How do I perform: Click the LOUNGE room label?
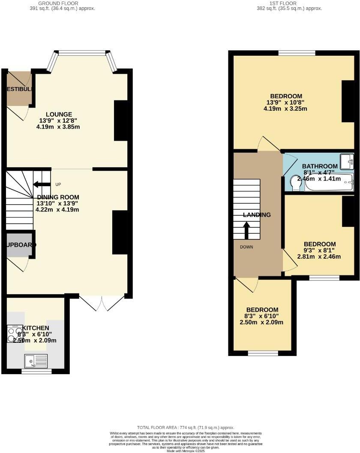click(58, 114)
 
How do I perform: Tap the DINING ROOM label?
click(58, 197)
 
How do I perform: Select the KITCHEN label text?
click(39, 328)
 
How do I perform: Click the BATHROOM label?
click(320, 166)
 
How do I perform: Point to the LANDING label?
click(257, 214)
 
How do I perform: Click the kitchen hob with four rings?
click(15, 333)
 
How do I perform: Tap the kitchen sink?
click(36, 361)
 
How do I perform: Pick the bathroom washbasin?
click(347, 161)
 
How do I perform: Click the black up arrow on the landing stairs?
click(246, 230)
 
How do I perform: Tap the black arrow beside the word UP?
click(42, 184)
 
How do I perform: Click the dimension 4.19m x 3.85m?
click(58, 127)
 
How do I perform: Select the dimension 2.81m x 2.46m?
click(319, 257)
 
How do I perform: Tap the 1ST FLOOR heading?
click(283, 3)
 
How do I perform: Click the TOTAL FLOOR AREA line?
click(186, 428)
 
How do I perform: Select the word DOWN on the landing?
click(246, 247)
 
